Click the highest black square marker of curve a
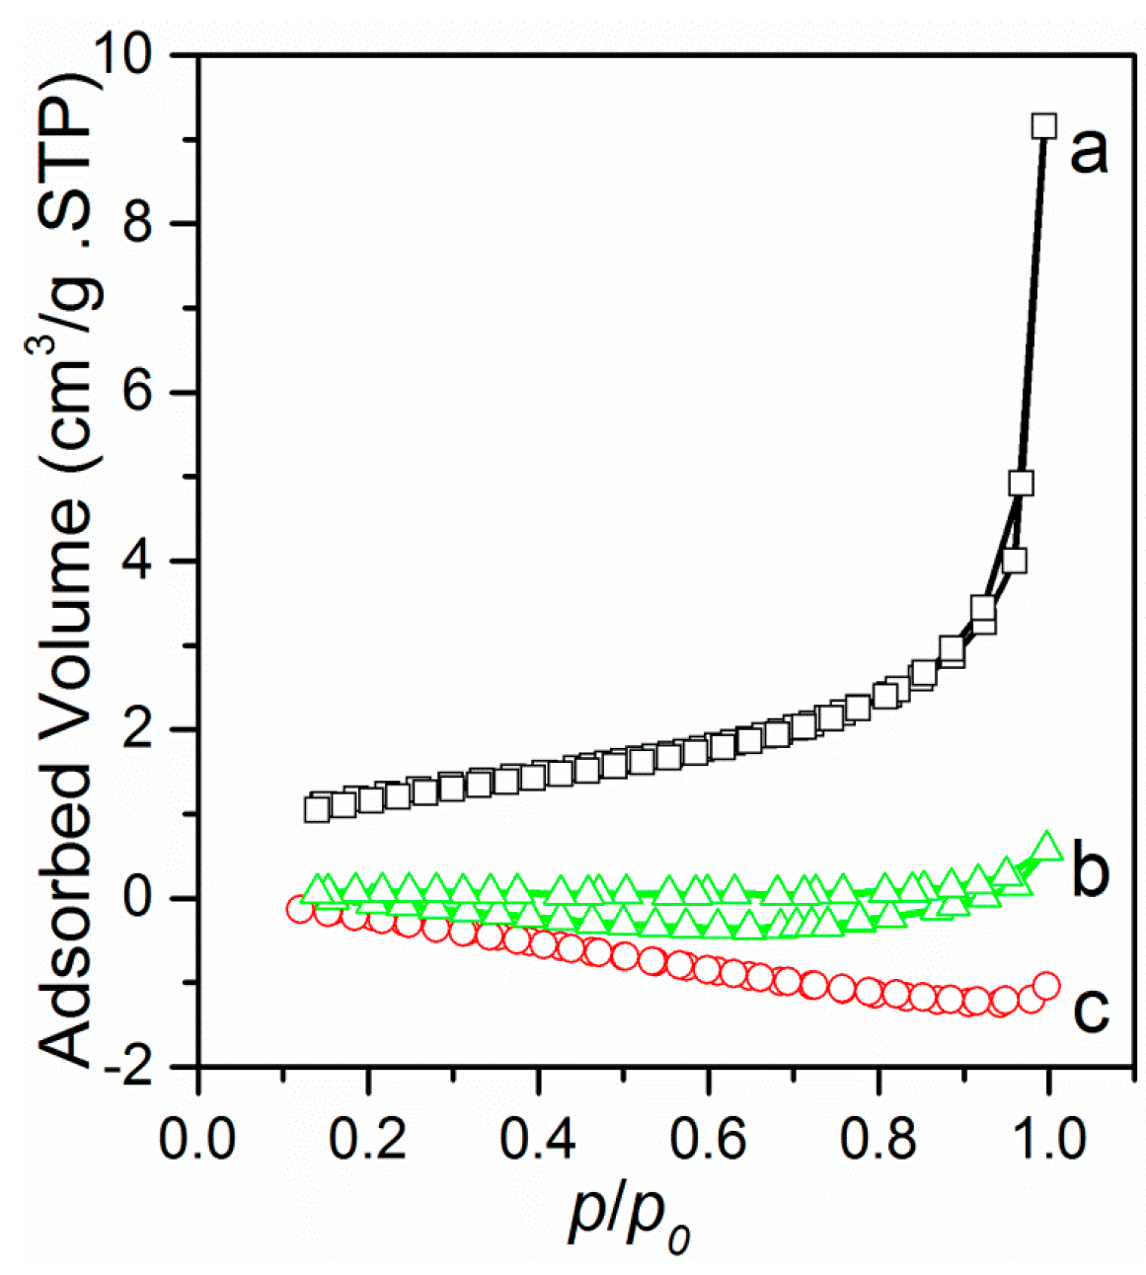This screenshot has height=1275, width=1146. click(x=1043, y=126)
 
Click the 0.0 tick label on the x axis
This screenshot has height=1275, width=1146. click(x=198, y=1140)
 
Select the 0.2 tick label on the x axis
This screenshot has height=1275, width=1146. click(x=368, y=1140)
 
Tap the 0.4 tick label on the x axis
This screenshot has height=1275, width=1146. click(x=538, y=1140)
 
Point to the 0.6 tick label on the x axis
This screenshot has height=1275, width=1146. click(x=708, y=1140)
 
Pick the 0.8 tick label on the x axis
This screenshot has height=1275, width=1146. click(x=878, y=1140)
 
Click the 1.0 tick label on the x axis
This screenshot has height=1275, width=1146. click(x=1047, y=1140)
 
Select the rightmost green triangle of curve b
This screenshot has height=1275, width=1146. click(x=1047, y=846)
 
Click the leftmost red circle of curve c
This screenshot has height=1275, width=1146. click(x=301, y=909)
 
